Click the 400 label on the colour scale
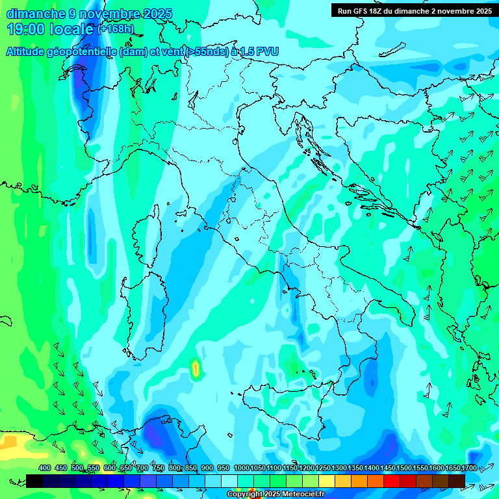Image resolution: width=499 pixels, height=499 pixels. pos(45,468)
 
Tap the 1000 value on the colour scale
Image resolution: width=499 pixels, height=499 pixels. pos(242,468)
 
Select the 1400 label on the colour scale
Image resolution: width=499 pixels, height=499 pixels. pos(372,468)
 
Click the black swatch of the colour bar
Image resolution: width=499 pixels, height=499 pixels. pos(35,480)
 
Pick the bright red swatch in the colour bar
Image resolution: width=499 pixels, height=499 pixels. pos(392,480)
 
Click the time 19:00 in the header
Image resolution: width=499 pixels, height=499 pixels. pos(27,29)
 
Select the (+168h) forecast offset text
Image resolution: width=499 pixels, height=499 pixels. pos(115,29)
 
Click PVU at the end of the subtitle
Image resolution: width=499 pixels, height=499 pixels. pos(267,53)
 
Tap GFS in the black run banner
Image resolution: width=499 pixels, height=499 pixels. pos(364,11)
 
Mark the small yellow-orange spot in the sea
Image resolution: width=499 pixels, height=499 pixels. pos(195,369)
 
